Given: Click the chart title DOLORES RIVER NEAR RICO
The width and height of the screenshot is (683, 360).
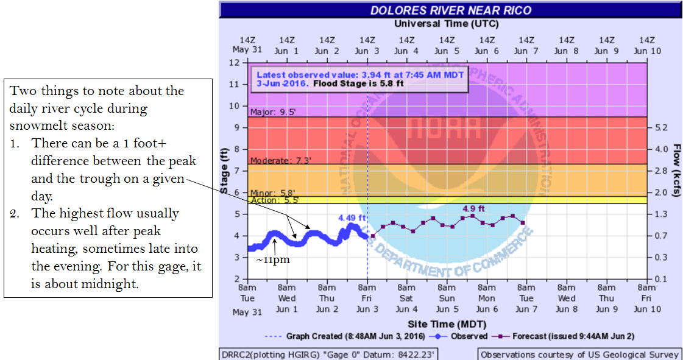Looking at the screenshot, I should tap(450, 10).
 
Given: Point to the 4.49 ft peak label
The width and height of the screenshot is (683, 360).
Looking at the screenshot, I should tap(353, 217).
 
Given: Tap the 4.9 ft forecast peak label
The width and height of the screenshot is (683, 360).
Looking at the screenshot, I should tap(473, 208).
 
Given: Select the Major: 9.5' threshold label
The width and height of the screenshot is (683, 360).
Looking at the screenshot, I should tap(272, 112).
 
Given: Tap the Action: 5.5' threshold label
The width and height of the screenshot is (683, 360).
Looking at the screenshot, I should tap(273, 200).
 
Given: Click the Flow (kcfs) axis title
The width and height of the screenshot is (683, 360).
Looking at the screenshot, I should tap(677, 171).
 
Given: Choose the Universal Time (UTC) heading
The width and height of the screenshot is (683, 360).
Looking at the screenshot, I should tap(446, 24).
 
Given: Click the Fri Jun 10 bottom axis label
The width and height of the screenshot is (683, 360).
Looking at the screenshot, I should tap(646, 298).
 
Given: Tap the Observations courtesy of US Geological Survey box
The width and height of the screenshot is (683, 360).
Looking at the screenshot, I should tap(579, 354).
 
